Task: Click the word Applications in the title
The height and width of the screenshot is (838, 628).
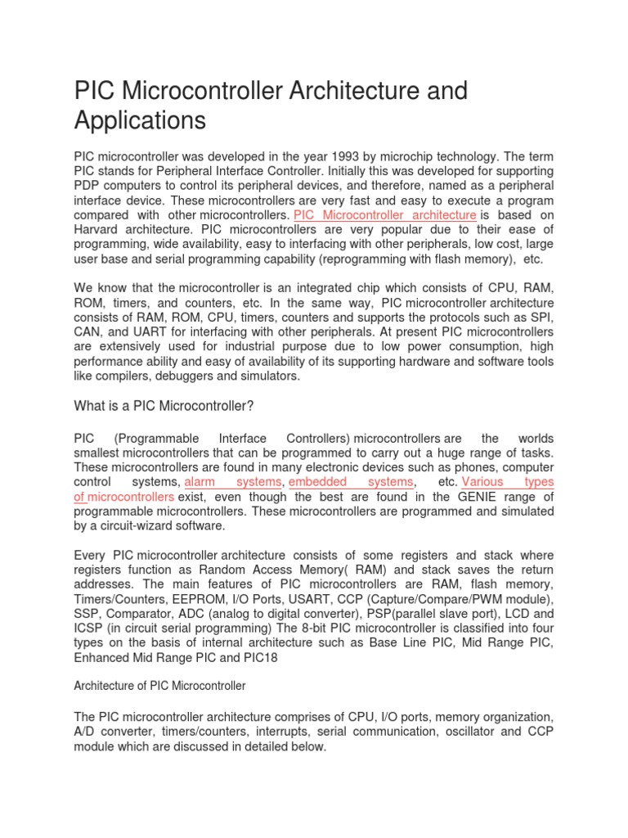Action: (140, 120)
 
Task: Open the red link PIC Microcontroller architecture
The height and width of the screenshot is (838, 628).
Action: (384, 214)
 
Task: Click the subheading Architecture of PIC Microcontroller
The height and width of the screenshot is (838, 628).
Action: (159, 685)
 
